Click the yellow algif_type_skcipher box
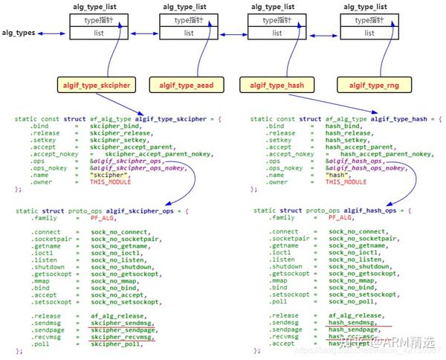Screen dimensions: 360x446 [96, 86]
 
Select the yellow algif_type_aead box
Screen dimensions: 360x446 [186, 86]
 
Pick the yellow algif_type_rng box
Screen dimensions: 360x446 [369, 86]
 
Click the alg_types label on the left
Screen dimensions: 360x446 [19, 33]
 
